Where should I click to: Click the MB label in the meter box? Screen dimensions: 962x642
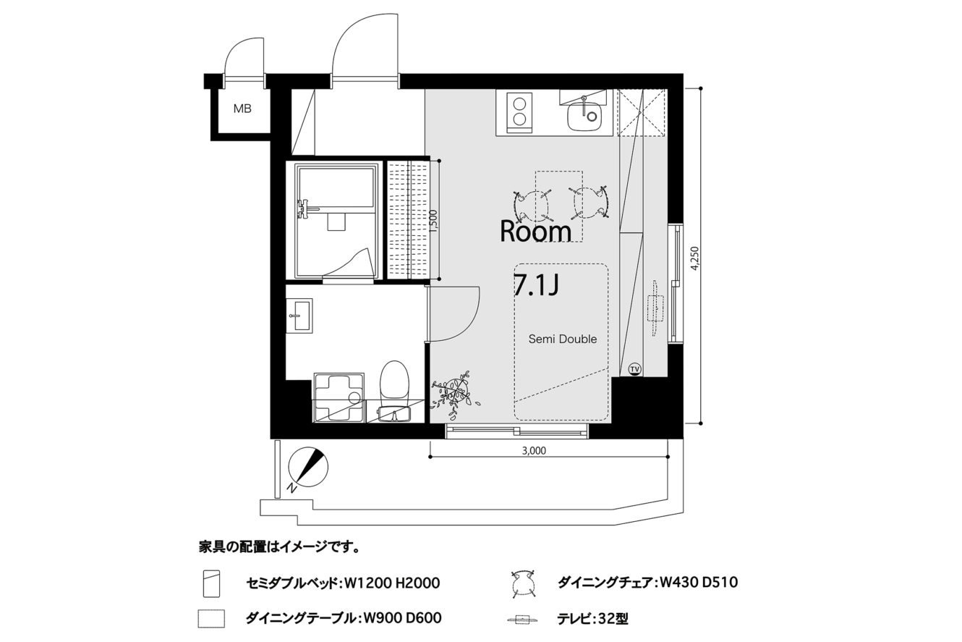point(242,109)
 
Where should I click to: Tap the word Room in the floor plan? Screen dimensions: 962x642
point(535,232)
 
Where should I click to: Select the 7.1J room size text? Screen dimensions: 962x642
point(536,284)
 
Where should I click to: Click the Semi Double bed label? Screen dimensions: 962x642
point(563,339)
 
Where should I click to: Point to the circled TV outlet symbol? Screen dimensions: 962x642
point(634,369)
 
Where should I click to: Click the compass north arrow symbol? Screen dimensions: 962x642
point(308,468)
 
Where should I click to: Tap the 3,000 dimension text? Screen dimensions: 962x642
point(534,451)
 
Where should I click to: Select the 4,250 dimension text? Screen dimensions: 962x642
point(695,258)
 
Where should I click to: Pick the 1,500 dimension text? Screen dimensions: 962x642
point(433,221)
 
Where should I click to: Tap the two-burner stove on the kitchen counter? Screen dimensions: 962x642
point(519,111)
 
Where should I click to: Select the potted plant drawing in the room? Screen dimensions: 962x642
point(455,394)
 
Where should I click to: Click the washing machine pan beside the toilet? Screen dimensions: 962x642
point(339,397)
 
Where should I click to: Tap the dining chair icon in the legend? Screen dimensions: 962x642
point(523,584)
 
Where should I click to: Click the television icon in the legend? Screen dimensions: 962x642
point(523,620)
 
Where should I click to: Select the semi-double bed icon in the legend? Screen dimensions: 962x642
point(211,583)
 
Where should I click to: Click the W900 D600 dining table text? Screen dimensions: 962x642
point(402,618)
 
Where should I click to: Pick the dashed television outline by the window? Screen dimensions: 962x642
point(655,308)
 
